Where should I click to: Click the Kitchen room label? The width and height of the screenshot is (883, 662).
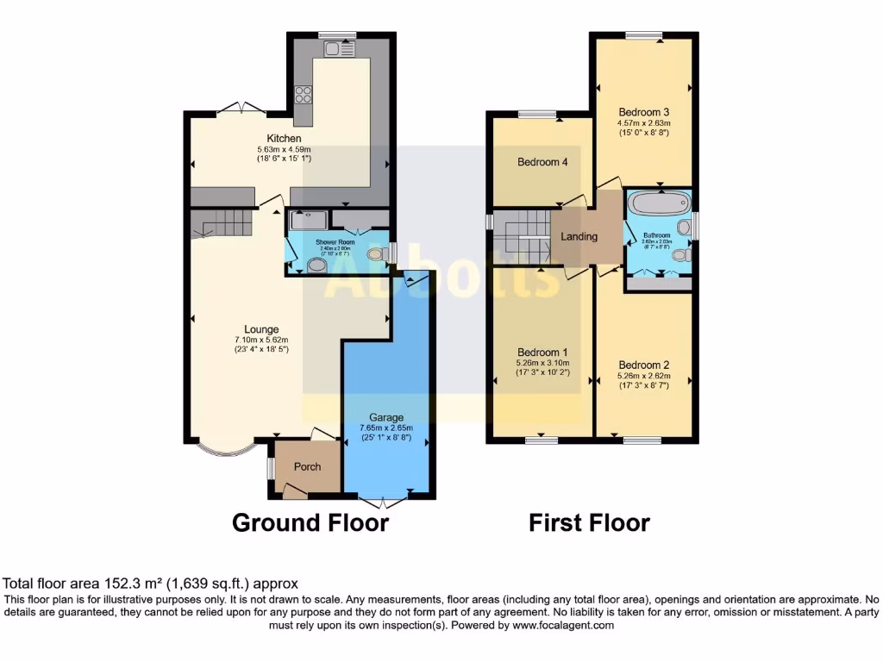coord(284,139)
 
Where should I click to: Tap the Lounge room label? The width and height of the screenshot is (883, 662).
coord(261,329)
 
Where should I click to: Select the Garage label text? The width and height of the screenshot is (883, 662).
coord(386,417)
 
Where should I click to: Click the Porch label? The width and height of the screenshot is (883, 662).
coord(308,467)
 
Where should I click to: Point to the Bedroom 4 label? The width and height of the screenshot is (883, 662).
coord(542,162)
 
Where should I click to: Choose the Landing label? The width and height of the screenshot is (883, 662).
coord(579,237)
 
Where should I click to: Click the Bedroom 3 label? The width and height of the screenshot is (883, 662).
coord(644,112)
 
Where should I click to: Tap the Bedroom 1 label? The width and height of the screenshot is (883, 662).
coord(542,352)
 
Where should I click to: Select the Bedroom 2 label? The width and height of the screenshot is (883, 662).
coord(644,365)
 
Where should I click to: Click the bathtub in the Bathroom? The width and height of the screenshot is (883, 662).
coord(655,205)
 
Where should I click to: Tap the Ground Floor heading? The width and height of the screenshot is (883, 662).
coord(310,522)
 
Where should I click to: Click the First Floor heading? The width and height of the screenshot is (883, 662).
coord(589,522)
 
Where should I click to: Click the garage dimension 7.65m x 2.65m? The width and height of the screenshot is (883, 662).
coord(386,428)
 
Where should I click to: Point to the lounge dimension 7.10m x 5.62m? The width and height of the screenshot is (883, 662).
coord(261,340)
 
